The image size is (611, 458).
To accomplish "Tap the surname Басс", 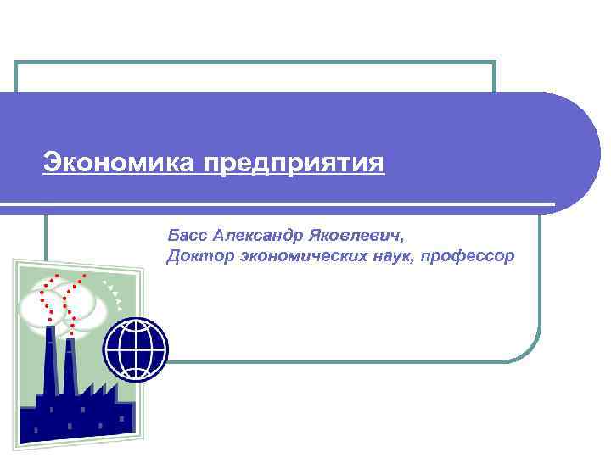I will [188, 233].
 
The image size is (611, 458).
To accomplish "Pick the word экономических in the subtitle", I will [301, 255].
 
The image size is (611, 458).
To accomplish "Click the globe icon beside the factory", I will [136, 350].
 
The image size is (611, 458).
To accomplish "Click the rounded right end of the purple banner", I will [577, 153].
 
